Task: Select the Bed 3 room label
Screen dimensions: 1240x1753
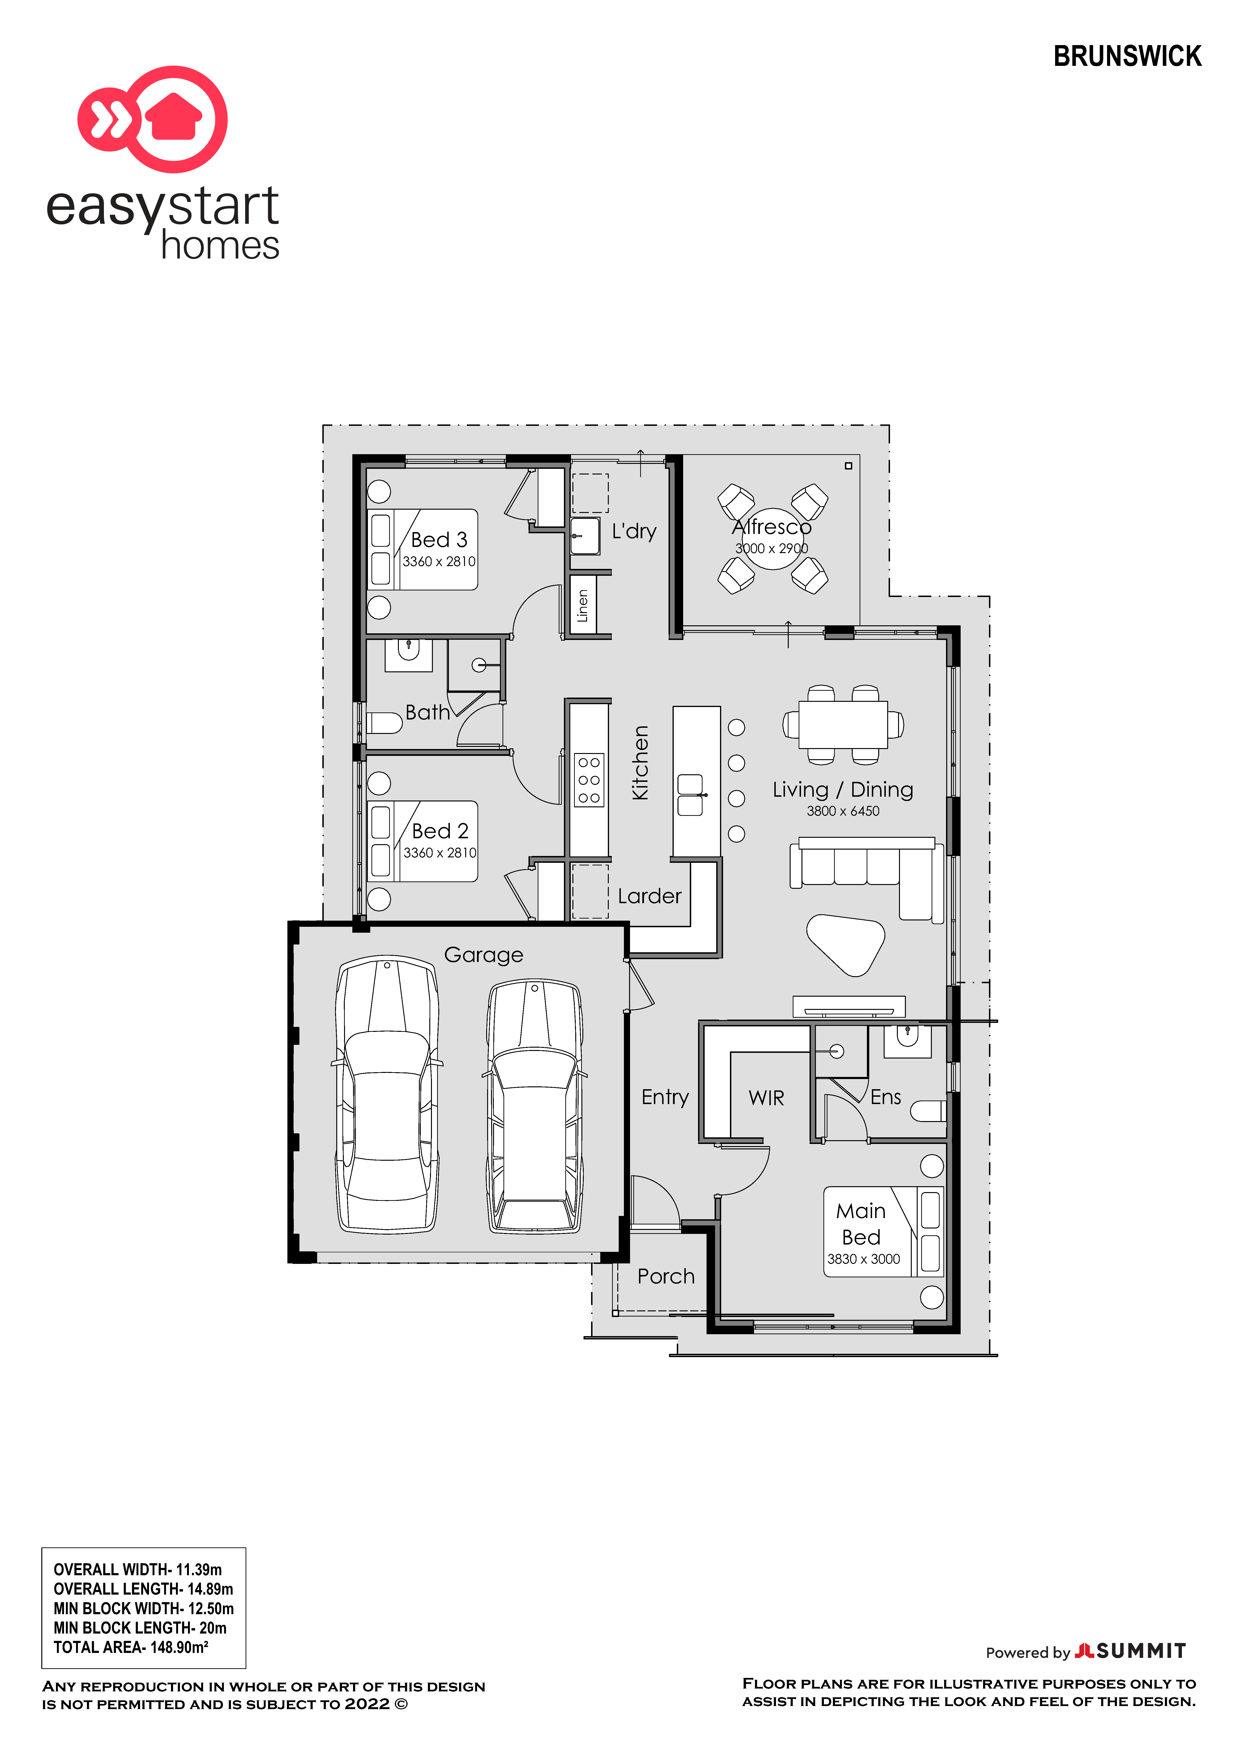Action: click(x=439, y=540)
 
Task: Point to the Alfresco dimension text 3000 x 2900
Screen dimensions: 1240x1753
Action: click(x=771, y=548)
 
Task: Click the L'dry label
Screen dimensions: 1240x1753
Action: click(x=634, y=531)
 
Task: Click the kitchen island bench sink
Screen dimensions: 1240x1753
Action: click(x=690, y=795)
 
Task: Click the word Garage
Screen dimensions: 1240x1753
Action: click(x=483, y=955)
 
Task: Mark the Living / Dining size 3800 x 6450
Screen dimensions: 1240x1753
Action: click(x=843, y=811)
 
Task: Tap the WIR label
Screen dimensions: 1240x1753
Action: click(x=767, y=1098)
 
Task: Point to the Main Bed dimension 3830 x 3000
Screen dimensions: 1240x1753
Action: click(x=864, y=1259)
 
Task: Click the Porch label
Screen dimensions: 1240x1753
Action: click(x=666, y=1277)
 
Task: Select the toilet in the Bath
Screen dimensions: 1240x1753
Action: click(x=384, y=722)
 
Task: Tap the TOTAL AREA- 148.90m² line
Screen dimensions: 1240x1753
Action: click(x=131, y=1647)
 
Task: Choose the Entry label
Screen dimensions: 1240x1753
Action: click(x=665, y=1098)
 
